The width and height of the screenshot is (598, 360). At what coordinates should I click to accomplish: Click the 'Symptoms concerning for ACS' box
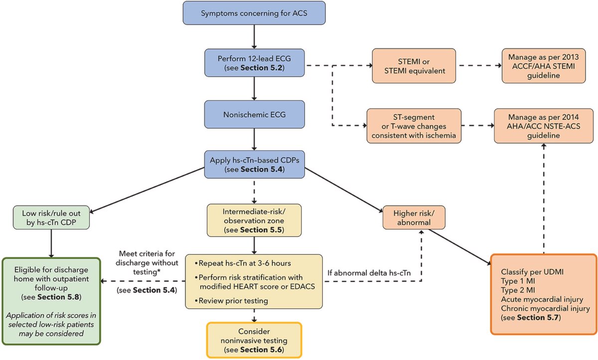pyautogui.click(x=255, y=13)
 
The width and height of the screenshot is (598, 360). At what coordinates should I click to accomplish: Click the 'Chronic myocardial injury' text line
pyautogui.click(x=544, y=308)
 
